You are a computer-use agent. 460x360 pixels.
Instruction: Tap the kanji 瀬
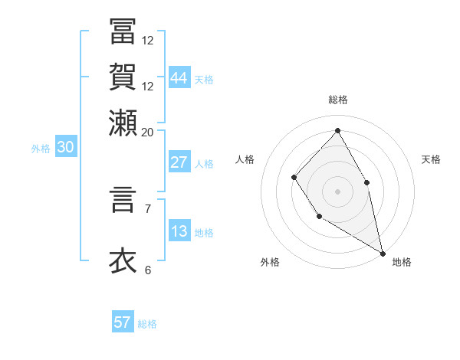point(122,122)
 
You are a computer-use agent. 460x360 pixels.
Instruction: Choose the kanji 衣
point(122,260)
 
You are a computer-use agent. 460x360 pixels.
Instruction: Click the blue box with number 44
point(179,78)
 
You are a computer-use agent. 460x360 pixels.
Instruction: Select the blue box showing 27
point(179,162)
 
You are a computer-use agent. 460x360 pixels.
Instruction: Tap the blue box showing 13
point(179,232)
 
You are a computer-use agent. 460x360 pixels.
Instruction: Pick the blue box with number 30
point(65,148)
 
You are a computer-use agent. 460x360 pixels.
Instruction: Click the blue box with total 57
point(123,322)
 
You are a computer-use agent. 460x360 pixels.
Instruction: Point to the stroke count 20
point(147,132)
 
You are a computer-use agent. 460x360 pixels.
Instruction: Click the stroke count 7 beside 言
point(147,207)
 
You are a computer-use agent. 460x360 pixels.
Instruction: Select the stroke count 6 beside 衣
point(147,270)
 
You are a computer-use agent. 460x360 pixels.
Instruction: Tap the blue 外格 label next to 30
point(40,149)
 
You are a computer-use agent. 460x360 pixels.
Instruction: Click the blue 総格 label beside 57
point(147,324)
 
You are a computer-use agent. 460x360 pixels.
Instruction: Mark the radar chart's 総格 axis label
point(337,100)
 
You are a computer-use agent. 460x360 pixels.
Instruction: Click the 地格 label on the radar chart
point(402,262)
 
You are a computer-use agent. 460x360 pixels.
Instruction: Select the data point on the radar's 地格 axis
point(383,253)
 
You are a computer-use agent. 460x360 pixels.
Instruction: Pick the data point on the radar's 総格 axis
point(337,130)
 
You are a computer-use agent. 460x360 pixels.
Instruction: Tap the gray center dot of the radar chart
point(337,191)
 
